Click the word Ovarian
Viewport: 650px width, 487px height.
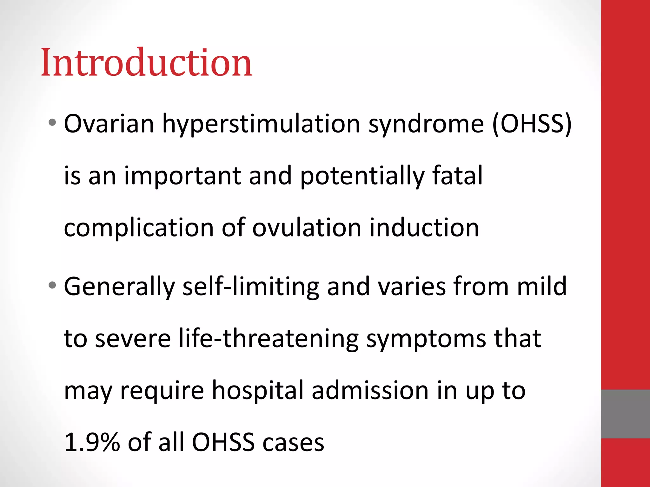[109, 124]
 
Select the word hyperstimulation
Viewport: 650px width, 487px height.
[261, 124]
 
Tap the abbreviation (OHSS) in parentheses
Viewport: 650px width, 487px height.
[532, 124]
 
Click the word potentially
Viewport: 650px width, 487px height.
[362, 176]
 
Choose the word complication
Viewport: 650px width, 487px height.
[139, 228]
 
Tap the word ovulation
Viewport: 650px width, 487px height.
[307, 228]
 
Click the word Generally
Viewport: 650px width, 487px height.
[119, 287]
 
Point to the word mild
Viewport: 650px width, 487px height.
[541, 287]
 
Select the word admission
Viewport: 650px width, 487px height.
[370, 391]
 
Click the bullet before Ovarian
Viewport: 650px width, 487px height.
[52, 122]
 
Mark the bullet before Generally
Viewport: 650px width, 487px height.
[52, 285]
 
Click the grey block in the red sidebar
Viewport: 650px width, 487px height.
[625, 414]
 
